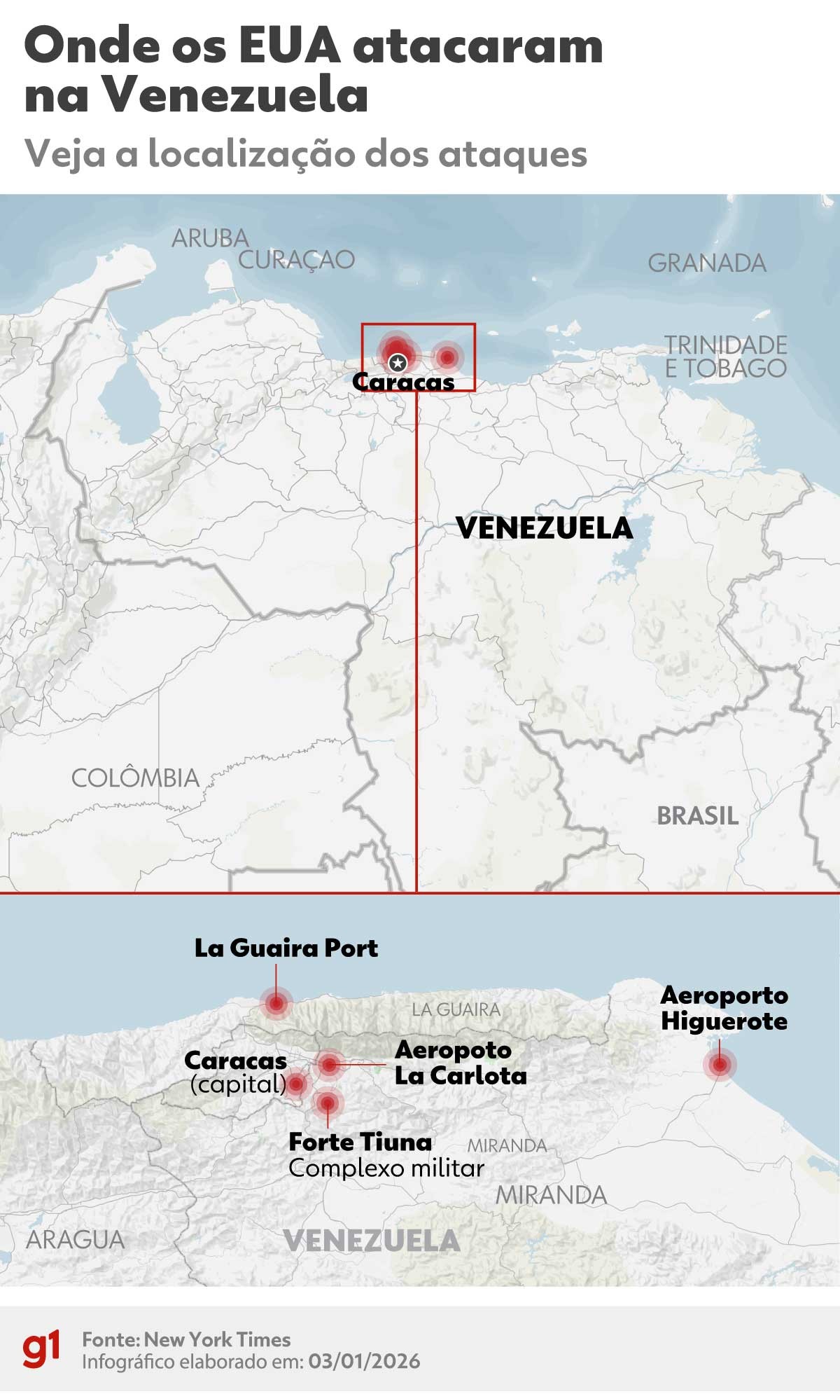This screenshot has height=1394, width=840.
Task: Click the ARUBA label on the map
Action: point(210,238)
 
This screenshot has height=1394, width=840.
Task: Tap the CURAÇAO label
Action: point(296,260)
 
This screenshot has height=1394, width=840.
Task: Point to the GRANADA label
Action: point(706,263)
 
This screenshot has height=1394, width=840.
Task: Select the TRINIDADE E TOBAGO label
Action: point(725,357)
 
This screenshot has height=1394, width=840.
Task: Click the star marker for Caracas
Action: point(398,362)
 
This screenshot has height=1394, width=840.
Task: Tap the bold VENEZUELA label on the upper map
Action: point(544,528)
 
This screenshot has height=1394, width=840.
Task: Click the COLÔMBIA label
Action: point(136,778)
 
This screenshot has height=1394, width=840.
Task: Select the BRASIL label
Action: point(697,815)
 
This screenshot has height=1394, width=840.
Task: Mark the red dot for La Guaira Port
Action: point(276,1003)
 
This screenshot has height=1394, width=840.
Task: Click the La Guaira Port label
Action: point(286,948)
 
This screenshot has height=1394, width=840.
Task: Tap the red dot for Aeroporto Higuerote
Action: point(720,1065)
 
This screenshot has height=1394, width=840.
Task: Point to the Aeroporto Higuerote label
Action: point(724,1008)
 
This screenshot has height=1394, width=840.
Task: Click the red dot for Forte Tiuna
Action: point(327,1103)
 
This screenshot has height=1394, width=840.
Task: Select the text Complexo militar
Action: point(386,1168)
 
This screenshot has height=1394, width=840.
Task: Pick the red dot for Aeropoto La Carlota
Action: point(329,1065)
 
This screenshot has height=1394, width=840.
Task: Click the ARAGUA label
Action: point(75,1239)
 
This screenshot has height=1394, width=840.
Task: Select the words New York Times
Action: point(218,1339)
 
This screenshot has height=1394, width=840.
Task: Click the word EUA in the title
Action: point(289,47)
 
